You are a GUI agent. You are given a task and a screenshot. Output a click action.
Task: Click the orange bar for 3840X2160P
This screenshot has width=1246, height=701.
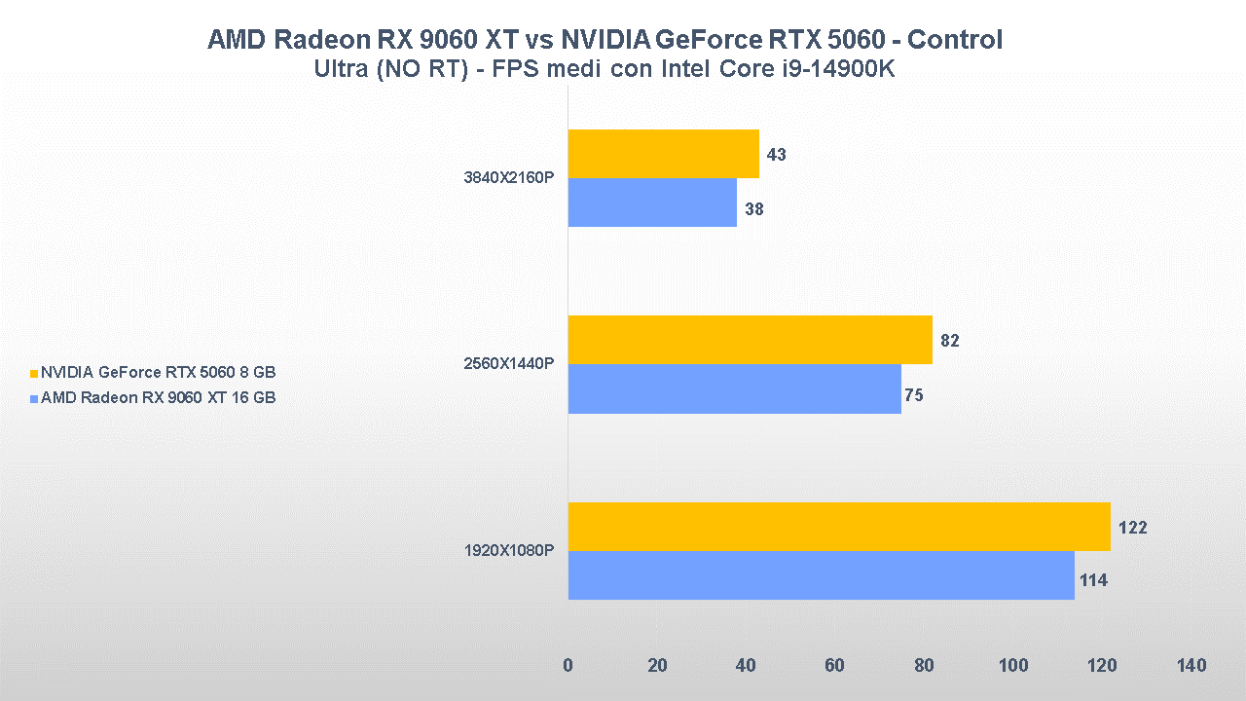coord(663,154)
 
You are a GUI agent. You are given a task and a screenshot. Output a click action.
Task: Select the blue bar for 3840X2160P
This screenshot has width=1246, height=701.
coord(652,203)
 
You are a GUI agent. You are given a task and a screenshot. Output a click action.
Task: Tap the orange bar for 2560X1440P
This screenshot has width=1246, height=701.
coord(750,340)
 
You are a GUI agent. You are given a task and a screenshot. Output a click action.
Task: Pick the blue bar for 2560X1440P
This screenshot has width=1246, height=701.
coord(734,388)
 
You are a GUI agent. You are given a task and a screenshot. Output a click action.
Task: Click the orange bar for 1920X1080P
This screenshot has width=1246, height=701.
coord(839,527)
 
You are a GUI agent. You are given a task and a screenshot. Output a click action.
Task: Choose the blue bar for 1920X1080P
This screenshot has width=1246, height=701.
coord(821,575)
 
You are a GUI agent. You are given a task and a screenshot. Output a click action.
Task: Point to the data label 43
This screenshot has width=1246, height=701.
coord(777,155)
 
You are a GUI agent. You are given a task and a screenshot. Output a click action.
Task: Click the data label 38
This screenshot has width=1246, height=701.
coord(754,208)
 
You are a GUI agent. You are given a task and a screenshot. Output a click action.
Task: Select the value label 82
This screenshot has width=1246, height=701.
coord(950,341)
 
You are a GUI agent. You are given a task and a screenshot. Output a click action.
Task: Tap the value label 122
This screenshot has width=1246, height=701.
coord(1133,528)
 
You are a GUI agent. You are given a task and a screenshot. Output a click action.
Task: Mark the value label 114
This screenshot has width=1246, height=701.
coord(1093,581)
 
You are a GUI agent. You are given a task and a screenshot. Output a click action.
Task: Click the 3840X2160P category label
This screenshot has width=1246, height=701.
coord(508,178)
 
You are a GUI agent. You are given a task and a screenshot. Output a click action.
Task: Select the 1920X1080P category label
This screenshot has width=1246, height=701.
coord(508,551)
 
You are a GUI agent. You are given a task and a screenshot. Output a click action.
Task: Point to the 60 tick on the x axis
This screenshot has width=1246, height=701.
coord(835,666)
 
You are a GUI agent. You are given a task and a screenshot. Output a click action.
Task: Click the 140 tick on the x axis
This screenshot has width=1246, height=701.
coord(1191,666)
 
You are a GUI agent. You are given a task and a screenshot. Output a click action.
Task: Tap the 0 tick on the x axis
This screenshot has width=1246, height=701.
coord(568,666)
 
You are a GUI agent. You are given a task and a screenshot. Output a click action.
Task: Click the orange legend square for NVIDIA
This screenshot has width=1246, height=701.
coord(34,373)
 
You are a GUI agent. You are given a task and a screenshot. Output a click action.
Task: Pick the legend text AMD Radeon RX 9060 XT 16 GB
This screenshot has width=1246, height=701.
coord(159,397)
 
